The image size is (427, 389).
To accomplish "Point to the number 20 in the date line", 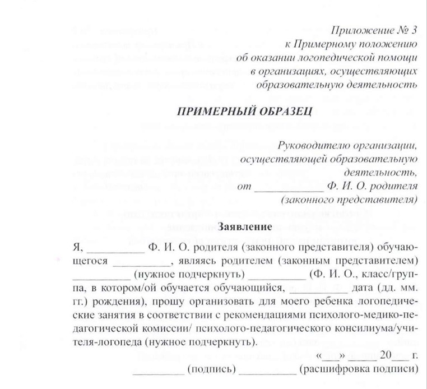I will [386, 356].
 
